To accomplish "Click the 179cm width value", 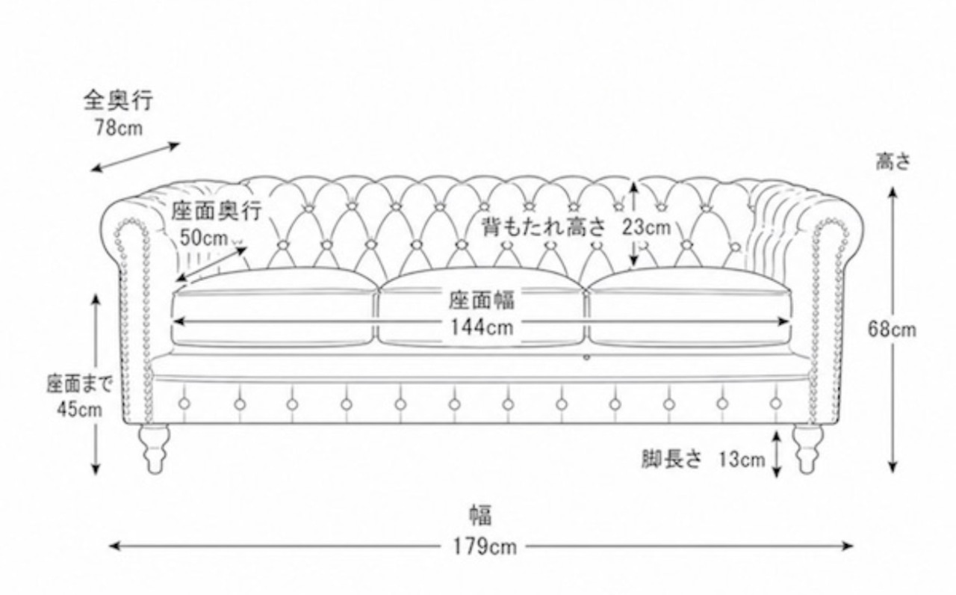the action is coord(485,546).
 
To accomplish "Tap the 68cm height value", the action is coord(892,330).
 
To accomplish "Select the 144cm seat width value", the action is coord(482,327).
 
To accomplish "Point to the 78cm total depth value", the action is coord(119,127).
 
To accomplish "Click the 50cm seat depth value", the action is coord(204,238).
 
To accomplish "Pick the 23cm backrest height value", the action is coord(646,227).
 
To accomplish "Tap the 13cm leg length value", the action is coord(742,460).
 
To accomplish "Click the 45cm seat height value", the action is coord(80,409).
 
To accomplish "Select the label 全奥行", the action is coord(118,101).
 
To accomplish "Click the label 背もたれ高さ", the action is coord(544,226).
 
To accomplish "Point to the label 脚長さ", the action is coord(671,459).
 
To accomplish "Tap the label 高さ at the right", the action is coord(893,162).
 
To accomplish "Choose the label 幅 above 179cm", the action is coord(481,515).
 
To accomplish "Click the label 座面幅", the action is coord(482,300).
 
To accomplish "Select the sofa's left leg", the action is coord(154,448).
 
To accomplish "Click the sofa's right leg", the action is coord(807,448).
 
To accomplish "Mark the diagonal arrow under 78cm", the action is coord(135,157).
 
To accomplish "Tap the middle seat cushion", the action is coord(481,307).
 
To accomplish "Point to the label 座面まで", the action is coord(80,384).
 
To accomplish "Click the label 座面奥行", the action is coord(217,211).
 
